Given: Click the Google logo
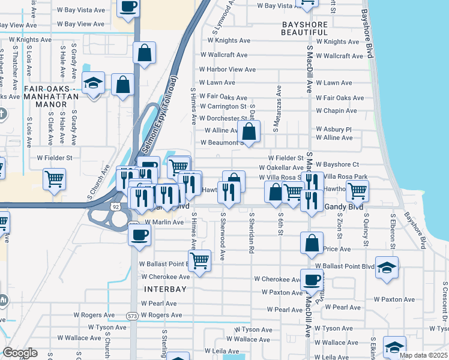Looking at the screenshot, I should point(20,353).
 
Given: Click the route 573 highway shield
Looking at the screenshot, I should point(133,315).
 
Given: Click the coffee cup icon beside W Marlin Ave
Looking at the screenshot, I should point(139,233).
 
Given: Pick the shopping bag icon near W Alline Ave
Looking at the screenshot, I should point(249,130).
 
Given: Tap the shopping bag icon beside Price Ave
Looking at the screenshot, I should point(312,242).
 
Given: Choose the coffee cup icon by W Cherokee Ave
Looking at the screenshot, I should point(312,279).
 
